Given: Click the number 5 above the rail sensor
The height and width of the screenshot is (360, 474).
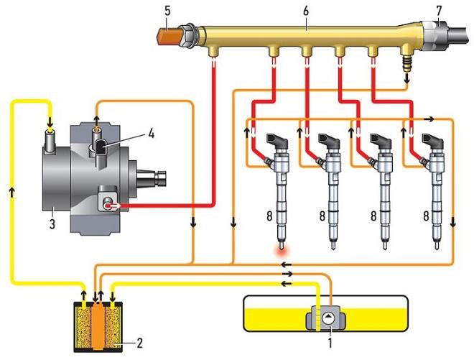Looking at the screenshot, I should click(x=167, y=11).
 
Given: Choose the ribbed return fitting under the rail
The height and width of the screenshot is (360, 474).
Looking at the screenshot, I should click(x=407, y=63).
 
